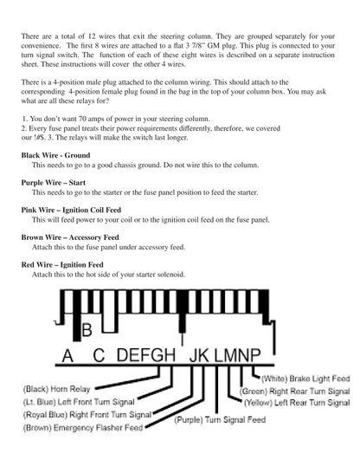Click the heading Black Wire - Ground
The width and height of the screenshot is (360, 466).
click(55, 155)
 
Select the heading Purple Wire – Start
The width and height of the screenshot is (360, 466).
click(53, 183)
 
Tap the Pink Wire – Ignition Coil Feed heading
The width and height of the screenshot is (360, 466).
click(71, 210)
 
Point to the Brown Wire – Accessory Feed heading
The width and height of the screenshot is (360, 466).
click(70, 237)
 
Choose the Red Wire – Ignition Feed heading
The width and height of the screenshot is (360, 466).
click(62, 265)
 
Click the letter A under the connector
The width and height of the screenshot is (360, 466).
click(67, 355)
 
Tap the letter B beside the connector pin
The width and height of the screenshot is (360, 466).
click(87, 330)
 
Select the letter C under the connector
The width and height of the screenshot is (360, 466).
click(99, 355)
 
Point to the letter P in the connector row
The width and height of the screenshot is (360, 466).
click(254, 355)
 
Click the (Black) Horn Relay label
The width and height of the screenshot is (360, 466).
click(56, 389)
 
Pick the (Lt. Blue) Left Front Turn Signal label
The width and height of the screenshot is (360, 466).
click(79, 402)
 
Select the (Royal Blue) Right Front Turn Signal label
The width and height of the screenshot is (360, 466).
click(87, 415)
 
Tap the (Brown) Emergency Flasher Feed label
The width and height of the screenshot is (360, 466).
click(83, 428)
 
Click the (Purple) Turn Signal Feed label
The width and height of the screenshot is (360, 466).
click(220, 419)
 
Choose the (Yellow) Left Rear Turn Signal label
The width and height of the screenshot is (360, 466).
click(297, 403)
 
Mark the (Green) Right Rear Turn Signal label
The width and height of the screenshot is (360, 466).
click(294, 392)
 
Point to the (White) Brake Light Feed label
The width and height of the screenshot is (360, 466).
click(305, 379)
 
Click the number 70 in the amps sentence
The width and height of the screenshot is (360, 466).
click(82, 119)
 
